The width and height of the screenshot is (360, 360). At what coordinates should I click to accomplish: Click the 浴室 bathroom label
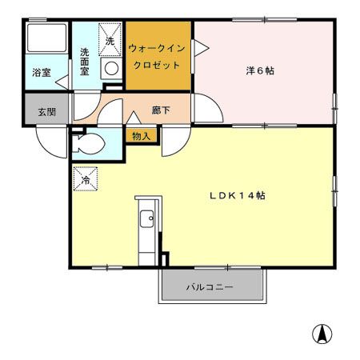point(40,73)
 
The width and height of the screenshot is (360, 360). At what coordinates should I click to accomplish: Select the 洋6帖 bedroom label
point(261,70)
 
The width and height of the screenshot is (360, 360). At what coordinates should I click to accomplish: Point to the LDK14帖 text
point(237,196)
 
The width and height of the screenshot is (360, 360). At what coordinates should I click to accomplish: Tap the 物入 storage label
point(141,136)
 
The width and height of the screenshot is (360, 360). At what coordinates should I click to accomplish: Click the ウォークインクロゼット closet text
point(158,57)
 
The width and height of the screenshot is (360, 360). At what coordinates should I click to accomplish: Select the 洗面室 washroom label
point(85,62)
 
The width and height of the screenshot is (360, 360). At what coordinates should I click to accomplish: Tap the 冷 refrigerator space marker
point(85,180)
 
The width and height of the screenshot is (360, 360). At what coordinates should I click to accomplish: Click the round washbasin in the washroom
point(110,69)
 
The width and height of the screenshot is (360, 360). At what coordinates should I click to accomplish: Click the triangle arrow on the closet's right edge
point(197,50)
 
